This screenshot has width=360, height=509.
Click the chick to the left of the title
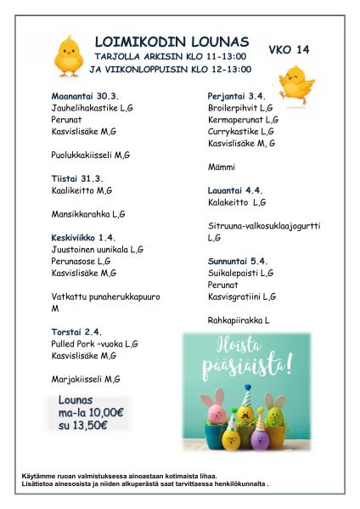(x=68, y=56)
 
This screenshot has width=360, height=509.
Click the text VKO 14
(x=289, y=49)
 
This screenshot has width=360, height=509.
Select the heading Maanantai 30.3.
(x=85, y=97)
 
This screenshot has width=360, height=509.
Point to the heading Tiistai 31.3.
(x=77, y=178)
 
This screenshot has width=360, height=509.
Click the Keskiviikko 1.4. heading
(x=83, y=237)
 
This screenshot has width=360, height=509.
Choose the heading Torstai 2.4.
(x=76, y=331)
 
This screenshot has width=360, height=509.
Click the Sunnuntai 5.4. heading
(x=238, y=261)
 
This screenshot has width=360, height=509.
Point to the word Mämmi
(x=222, y=167)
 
